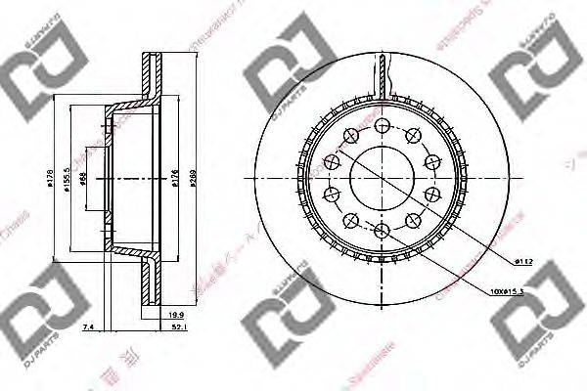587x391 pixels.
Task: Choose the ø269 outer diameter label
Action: pyautogui.click(x=193, y=178)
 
